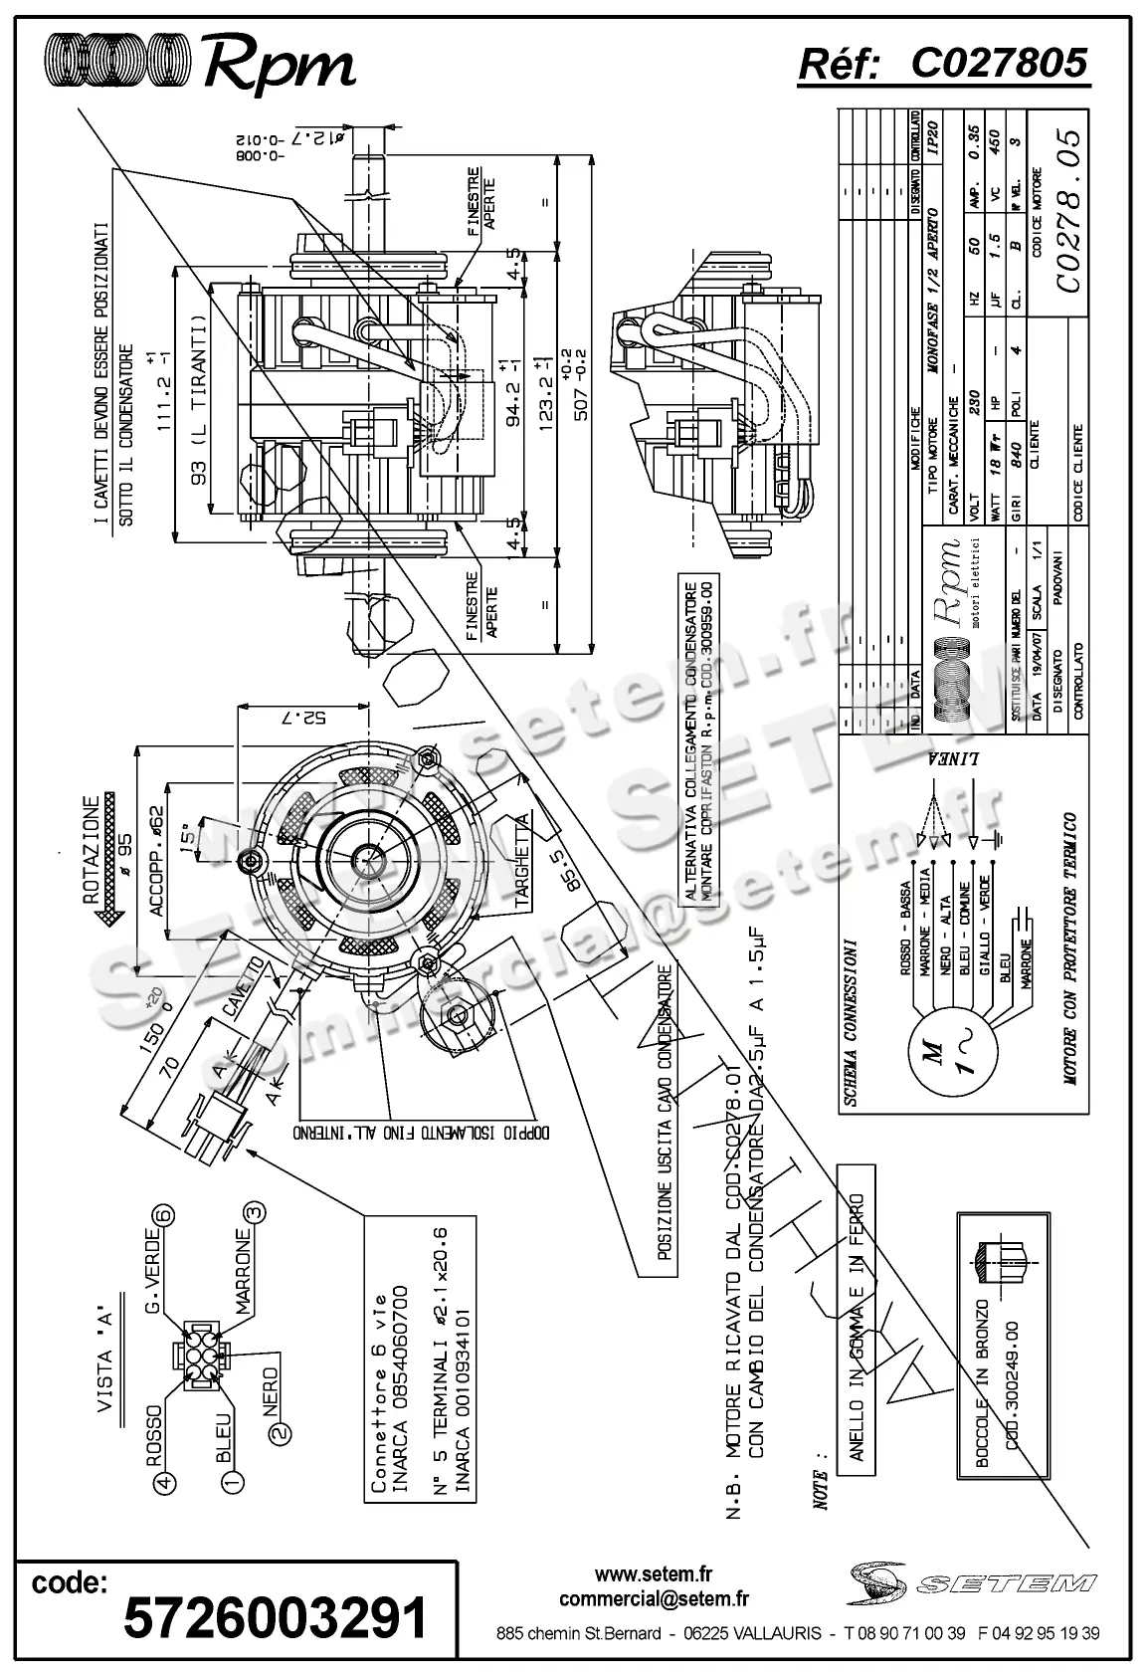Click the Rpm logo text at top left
tap(279, 66)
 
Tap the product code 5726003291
tap(276, 1617)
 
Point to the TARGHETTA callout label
tap(522, 857)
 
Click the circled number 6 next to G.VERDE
tap(163, 1215)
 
